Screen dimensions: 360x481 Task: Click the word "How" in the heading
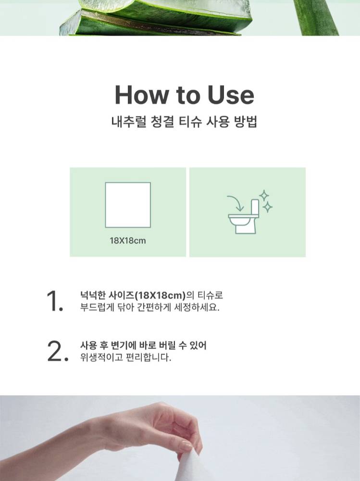[141, 95]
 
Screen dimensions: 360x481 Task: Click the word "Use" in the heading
[231, 95]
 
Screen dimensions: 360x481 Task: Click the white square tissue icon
[128, 205]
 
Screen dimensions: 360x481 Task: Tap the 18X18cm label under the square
[128, 241]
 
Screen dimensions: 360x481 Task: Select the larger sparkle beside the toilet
[264, 196]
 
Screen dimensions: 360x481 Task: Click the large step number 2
[57, 351]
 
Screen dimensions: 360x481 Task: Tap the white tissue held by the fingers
[192, 468]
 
